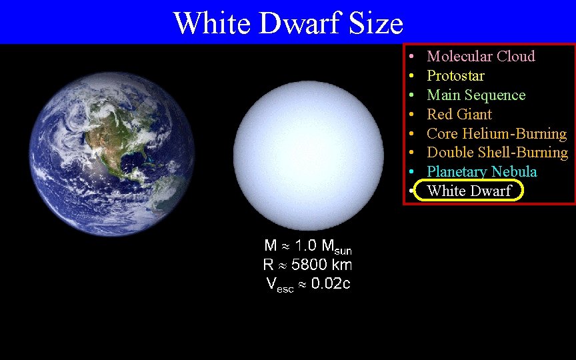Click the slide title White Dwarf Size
(x=288, y=23)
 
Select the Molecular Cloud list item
(x=481, y=56)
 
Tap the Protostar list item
(x=455, y=75)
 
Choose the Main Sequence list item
(x=476, y=95)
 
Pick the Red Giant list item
(x=459, y=114)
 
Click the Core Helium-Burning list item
(x=497, y=133)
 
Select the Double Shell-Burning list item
(x=497, y=153)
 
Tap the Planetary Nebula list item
(x=481, y=172)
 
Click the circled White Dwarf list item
(x=469, y=191)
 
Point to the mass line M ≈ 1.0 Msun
(x=307, y=247)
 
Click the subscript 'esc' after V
(x=286, y=288)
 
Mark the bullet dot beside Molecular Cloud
(x=413, y=57)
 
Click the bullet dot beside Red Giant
(x=413, y=115)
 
